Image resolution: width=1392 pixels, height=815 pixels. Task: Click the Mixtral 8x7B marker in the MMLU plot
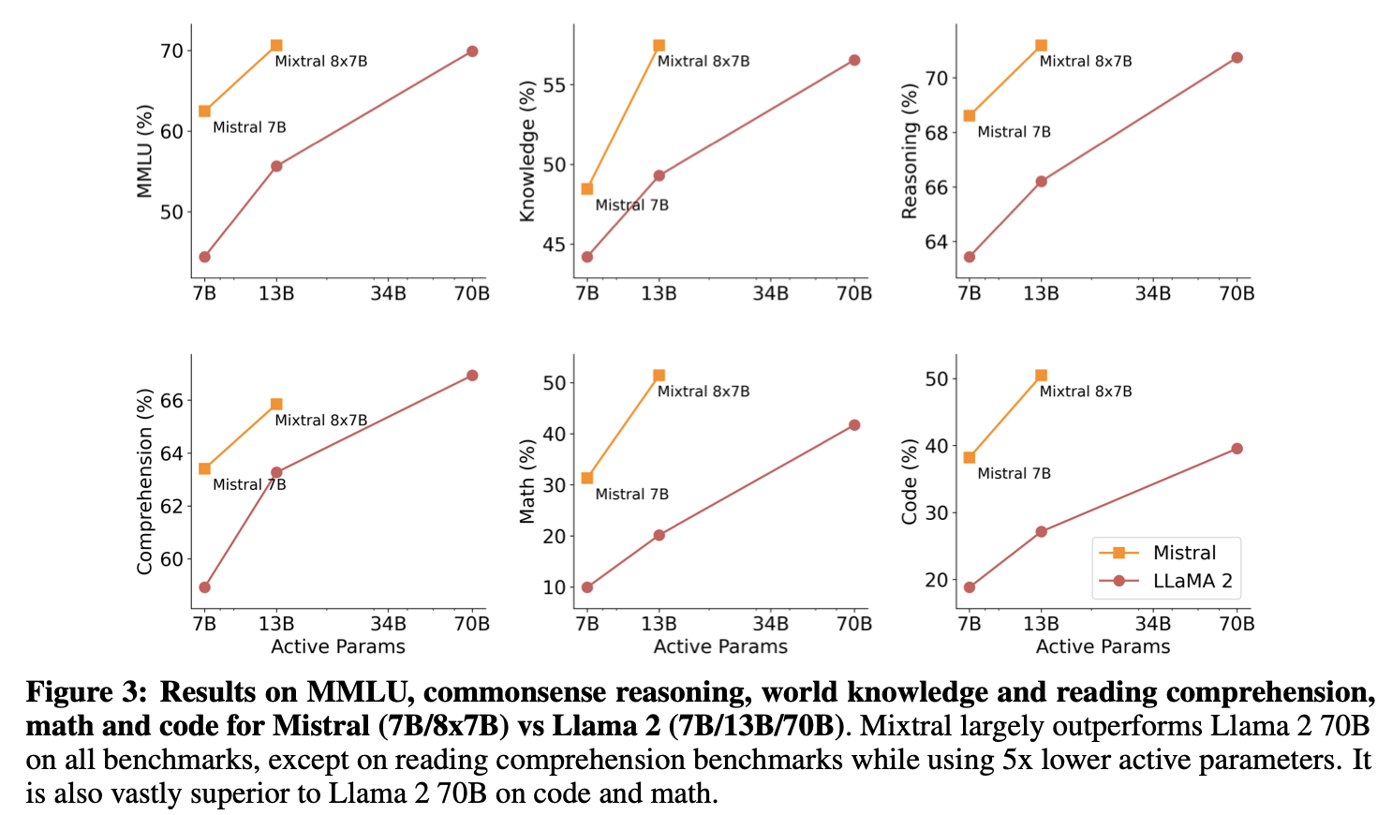(x=276, y=45)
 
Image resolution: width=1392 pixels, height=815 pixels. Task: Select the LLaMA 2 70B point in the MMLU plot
(x=472, y=52)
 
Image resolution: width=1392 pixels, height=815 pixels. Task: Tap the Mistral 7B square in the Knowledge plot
(x=587, y=188)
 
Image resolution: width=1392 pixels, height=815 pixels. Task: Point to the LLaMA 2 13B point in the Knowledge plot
(x=659, y=175)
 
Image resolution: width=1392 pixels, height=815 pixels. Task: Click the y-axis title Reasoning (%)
(x=909, y=152)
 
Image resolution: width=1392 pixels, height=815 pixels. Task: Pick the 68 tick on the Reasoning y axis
(x=936, y=132)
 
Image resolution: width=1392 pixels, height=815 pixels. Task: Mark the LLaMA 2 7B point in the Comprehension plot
(x=204, y=587)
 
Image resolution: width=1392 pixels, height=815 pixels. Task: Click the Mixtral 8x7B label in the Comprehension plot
(x=320, y=421)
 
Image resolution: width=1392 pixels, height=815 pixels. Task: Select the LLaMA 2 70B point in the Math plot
(x=854, y=425)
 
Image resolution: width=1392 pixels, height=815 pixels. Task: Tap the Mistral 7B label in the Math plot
(x=631, y=494)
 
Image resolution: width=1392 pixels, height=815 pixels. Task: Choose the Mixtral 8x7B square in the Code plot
(x=1041, y=376)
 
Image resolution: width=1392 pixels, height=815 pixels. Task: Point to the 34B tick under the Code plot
(x=1152, y=623)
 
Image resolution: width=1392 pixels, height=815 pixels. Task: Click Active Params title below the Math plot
(x=720, y=646)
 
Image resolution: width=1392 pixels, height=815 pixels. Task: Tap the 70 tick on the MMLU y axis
(x=171, y=51)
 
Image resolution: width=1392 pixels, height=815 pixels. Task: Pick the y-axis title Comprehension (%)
(x=144, y=481)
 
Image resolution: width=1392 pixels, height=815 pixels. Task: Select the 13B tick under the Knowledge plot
(x=659, y=293)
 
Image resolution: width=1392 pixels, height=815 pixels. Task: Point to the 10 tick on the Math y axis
(x=555, y=587)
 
